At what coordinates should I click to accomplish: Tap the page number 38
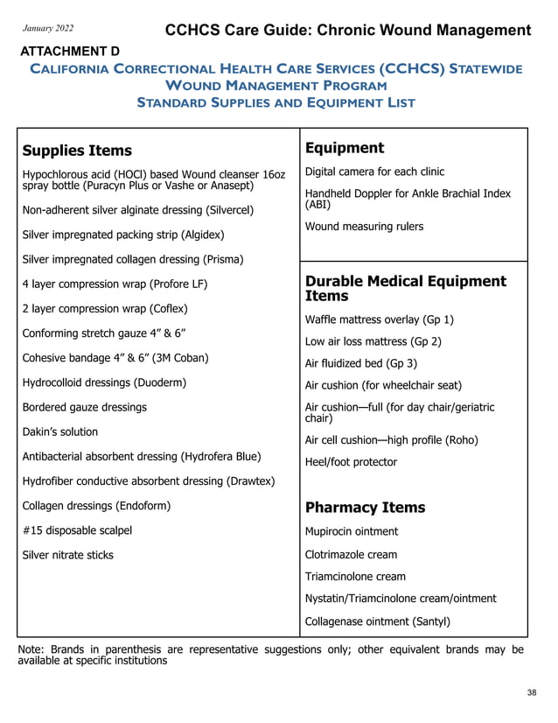point(532,693)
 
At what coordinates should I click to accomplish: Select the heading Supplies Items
point(77,151)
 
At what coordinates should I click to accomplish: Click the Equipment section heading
point(344,148)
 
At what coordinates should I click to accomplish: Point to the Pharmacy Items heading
point(365,508)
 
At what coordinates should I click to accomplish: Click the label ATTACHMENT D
point(69,52)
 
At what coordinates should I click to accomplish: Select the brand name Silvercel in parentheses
point(229,210)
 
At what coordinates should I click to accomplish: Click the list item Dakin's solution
point(59,432)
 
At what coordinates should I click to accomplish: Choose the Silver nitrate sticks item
point(67,555)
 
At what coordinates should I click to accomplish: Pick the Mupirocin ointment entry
point(351,531)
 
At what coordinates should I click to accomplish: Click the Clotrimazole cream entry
point(351,554)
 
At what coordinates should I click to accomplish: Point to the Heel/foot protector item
point(351,462)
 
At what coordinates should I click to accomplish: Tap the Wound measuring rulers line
point(364,227)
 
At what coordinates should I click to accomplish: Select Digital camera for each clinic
point(374,172)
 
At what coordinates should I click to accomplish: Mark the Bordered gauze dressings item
point(84,407)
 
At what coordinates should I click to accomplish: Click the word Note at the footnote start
point(31,649)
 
